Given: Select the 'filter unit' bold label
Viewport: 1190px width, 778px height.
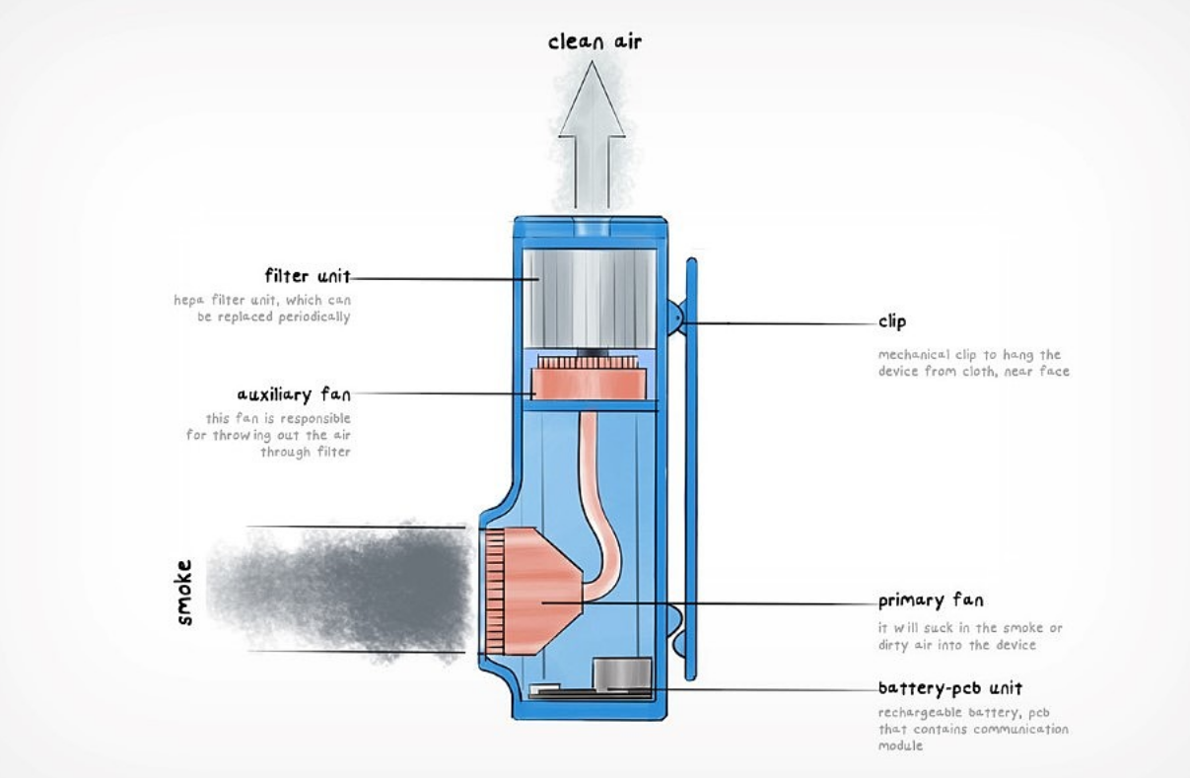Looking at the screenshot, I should [x=308, y=275].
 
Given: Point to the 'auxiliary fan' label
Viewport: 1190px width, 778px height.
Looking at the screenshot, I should [x=294, y=394].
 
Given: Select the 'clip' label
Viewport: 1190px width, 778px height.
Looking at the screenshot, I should [x=891, y=321].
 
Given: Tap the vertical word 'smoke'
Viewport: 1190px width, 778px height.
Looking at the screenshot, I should [x=184, y=593].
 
